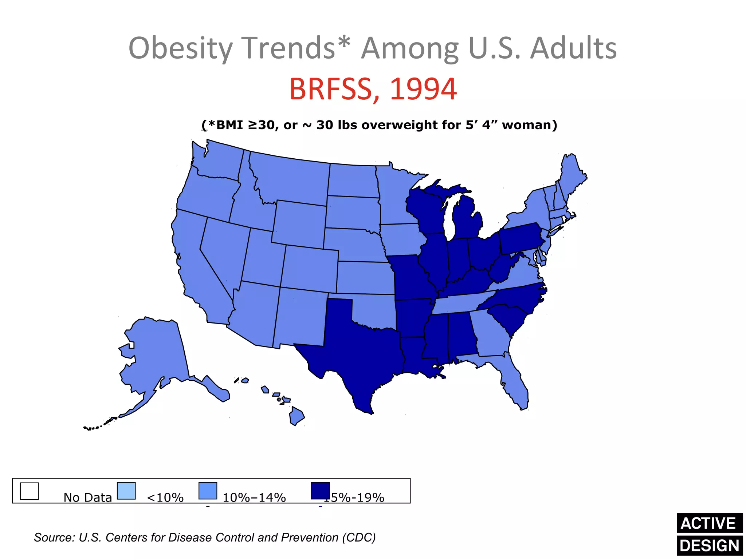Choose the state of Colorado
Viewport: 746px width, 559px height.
click(x=310, y=267)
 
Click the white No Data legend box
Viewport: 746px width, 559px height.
click(x=29, y=491)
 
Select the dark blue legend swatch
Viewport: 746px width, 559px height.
click(x=320, y=491)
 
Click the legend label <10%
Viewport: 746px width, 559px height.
click(x=165, y=497)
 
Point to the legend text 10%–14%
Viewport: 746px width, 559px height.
click(x=254, y=497)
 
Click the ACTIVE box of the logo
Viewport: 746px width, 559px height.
click(x=709, y=523)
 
